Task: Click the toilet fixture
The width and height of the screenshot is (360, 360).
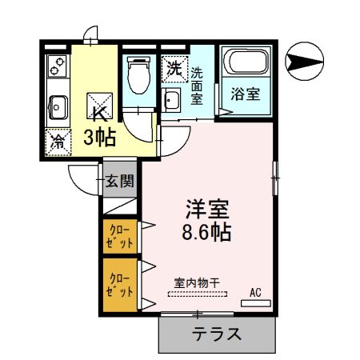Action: pyautogui.click(x=139, y=75)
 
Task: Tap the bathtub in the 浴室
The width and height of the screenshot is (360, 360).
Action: pyautogui.click(x=246, y=62)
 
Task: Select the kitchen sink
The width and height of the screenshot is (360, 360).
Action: pyautogui.click(x=58, y=107)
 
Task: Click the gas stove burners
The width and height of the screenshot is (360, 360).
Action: pyautogui.click(x=58, y=66)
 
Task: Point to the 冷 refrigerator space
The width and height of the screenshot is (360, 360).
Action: pyautogui.click(x=58, y=142)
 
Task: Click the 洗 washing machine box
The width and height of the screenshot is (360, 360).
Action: pyautogui.click(x=174, y=70)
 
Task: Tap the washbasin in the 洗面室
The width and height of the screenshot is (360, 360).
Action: pyautogui.click(x=171, y=100)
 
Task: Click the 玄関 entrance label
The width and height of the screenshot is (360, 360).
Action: pyautogui.click(x=120, y=182)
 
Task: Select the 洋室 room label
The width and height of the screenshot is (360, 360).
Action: pyautogui.click(x=207, y=209)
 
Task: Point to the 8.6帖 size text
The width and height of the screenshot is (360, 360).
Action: pyautogui.click(x=206, y=232)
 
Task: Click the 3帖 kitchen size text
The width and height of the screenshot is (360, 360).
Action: pyautogui.click(x=100, y=138)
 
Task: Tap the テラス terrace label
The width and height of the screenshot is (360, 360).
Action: pyautogui.click(x=217, y=334)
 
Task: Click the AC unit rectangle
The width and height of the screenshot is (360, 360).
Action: pyautogui.click(x=256, y=303)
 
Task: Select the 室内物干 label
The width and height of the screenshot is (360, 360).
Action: pyautogui.click(x=197, y=283)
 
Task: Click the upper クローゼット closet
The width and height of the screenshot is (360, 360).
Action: pyautogui.click(x=120, y=236)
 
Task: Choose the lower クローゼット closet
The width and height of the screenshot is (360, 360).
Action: pyautogui.click(x=120, y=285)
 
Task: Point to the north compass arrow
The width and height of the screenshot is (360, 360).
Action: pyautogui.click(x=304, y=61)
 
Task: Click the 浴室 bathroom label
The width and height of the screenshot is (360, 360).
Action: pyautogui.click(x=246, y=94)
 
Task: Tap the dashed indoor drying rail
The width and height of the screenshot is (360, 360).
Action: pyautogui.click(x=198, y=294)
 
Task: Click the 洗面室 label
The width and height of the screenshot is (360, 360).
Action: pyautogui.click(x=197, y=86)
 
